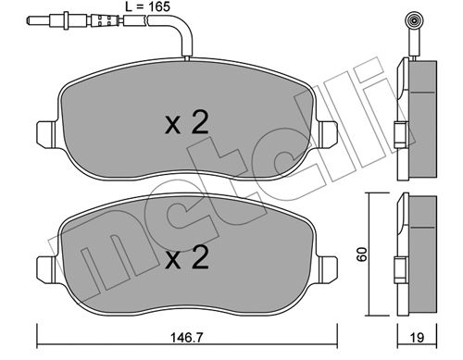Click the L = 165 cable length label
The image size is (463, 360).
pos(147,6)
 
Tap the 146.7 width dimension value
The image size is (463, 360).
pos(187,338)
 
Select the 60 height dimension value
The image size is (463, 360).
pos(362,254)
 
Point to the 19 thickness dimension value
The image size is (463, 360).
pos(417,338)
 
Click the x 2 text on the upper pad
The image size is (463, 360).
pos(187,123)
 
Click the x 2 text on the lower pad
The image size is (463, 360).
pos(187,258)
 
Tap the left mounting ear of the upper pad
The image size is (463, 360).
pos(47,133)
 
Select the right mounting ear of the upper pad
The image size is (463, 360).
pos(327,133)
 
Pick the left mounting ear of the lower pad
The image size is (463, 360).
pos(47,267)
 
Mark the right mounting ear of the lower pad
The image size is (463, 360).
pos(327,267)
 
